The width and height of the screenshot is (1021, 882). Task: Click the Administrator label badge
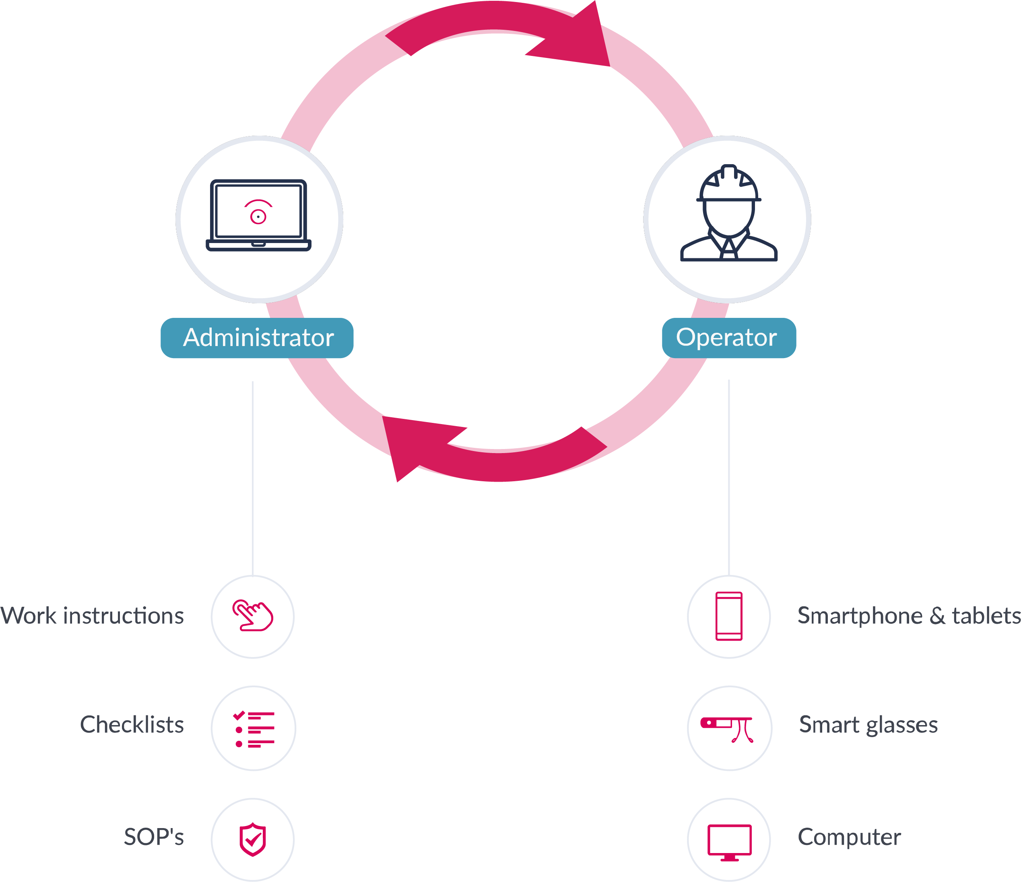(257, 338)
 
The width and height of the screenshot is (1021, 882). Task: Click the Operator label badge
(728, 338)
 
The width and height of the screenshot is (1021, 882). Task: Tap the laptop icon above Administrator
(258, 215)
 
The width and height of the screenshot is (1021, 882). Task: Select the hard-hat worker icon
(728, 213)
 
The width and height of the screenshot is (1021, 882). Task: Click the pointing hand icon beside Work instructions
(253, 616)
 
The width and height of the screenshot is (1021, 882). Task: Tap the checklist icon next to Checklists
(253, 729)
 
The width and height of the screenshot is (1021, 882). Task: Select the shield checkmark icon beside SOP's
(253, 840)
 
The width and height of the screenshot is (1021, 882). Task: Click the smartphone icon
(728, 616)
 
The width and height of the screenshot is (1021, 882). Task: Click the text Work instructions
(92, 616)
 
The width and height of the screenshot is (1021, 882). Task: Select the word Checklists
(132, 725)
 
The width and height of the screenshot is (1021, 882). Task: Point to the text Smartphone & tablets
(909, 616)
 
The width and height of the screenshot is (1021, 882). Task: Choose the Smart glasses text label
(868, 725)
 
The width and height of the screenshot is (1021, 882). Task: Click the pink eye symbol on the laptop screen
(258, 212)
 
